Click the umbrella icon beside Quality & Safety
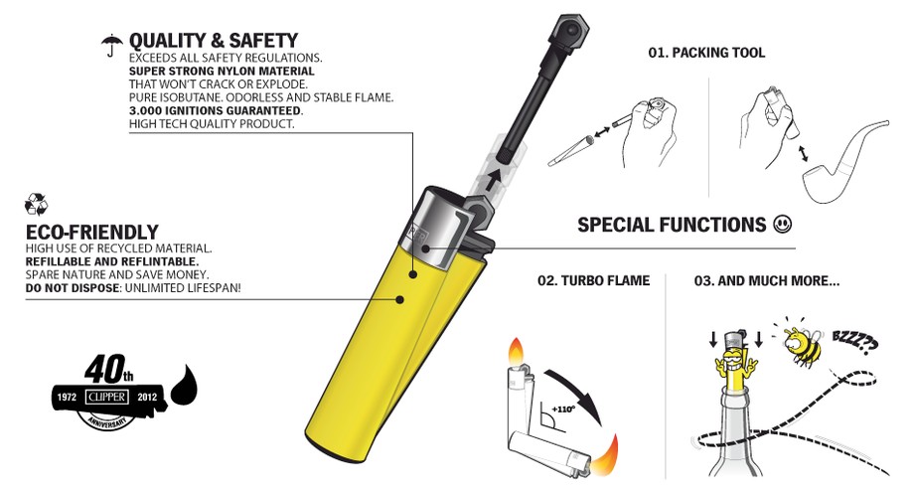pyautogui.click(x=111, y=45)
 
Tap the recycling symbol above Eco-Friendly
pyautogui.click(x=36, y=205)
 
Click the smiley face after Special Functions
pyautogui.click(x=782, y=224)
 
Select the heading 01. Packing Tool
pyautogui.click(x=706, y=53)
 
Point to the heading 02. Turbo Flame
pyautogui.click(x=593, y=280)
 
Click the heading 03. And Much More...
pyautogui.click(x=767, y=280)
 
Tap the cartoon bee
pyautogui.click(x=802, y=345)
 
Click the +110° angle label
pyautogui.click(x=562, y=409)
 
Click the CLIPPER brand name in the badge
pyautogui.click(x=106, y=397)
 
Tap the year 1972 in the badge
pyautogui.click(x=67, y=398)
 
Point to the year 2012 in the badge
pyautogui.click(x=147, y=398)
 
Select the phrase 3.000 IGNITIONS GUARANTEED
pyautogui.click(x=216, y=111)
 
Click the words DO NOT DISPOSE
pyautogui.click(x=73, y=288)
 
